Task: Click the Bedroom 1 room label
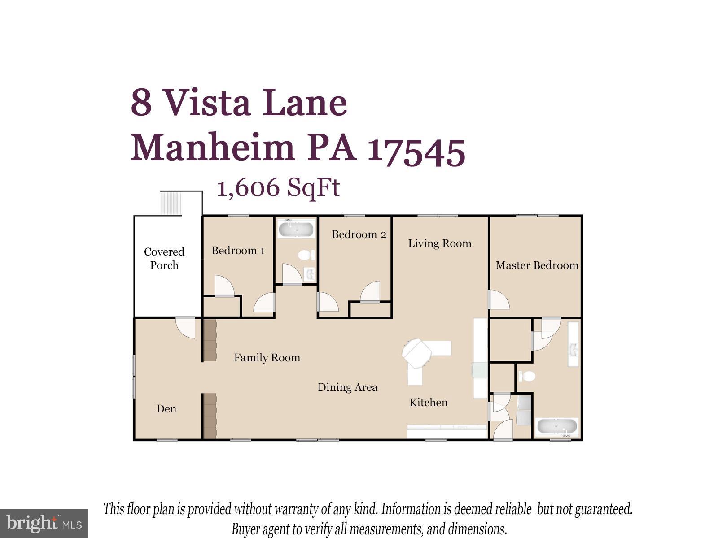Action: [238, 251]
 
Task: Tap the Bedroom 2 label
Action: [359, 234]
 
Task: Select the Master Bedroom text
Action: [537, 265]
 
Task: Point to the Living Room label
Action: [439, 243]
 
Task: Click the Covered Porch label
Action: [164, 258]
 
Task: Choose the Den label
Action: [166, 409]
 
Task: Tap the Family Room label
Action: [267, 358]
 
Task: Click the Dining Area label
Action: [347, 387]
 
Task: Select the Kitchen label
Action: [428, 403]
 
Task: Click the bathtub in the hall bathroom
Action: [296, 229]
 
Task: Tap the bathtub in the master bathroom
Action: [556, 426]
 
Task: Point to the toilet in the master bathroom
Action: [528, 376]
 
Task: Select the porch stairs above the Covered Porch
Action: [171, 203]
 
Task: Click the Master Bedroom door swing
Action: [498, 300]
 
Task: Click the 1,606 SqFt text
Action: [278, 188]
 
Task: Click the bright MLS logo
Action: [44, 523]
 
